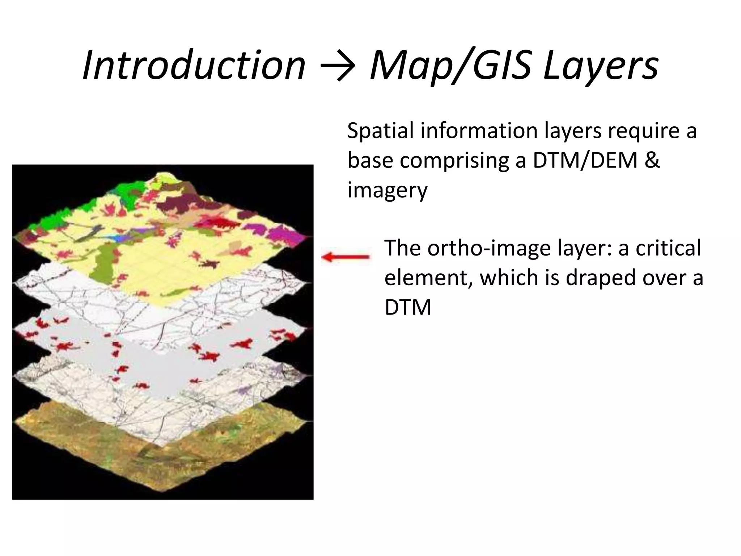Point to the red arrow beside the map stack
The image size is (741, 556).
(x=346, y=257)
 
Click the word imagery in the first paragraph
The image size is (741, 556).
(x=387, y=191)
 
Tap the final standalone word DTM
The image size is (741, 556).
(x=408, y=308)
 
